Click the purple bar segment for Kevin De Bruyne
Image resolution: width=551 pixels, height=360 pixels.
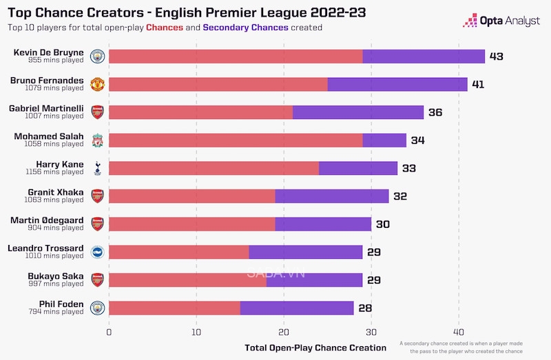[424, 56]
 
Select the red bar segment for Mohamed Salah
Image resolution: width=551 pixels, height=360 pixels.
[236, 140]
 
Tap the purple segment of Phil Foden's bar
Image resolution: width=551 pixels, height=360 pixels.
[297, 308]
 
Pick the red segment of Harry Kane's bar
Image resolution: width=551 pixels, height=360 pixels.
[214, 168]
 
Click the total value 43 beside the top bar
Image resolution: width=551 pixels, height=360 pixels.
[497, 56]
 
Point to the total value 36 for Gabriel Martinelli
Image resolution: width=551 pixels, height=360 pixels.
[435, 112]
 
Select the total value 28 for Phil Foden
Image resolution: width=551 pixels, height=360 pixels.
[364, 308]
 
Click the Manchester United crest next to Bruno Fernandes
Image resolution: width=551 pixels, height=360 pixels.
[97, 85]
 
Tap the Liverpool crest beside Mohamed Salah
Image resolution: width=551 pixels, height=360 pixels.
[97, 140]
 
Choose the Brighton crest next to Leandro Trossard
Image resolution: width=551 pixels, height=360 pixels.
[97, 252]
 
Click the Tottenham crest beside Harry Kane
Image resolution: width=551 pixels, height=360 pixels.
[97, 169]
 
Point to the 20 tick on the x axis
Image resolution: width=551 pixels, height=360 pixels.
[284, 331]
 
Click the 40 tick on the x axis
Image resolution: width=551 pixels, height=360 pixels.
[459, 331]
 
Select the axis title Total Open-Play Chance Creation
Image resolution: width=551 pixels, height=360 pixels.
[315, 348]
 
